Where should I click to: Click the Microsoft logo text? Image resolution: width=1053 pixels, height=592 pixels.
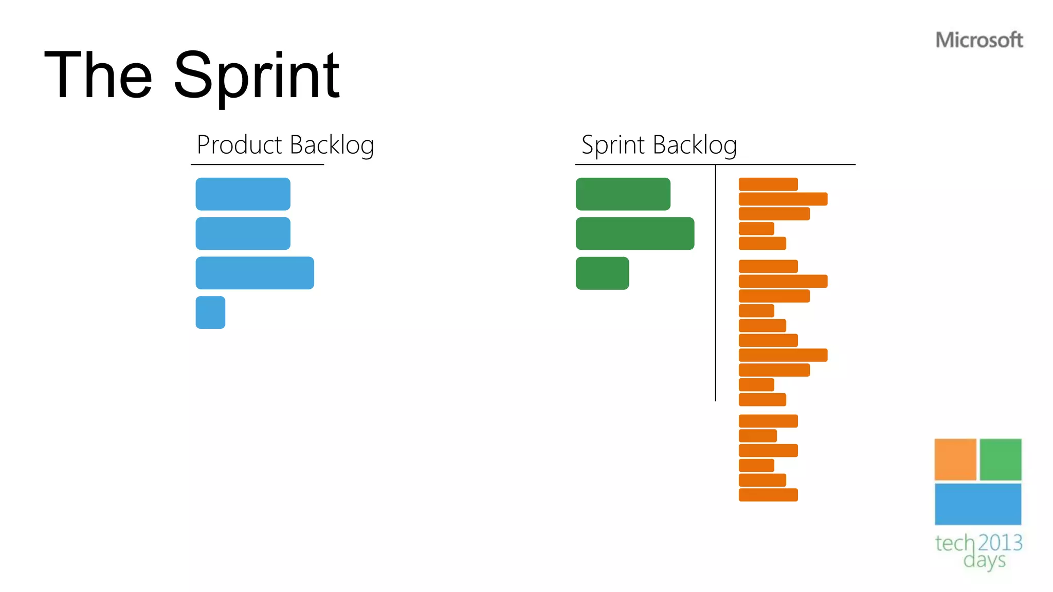click(x=978, y=40)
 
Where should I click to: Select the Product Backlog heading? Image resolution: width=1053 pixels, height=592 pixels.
click(x=285, y=145)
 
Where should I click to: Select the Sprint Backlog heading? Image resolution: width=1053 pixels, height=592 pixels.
click(x=659, y=145)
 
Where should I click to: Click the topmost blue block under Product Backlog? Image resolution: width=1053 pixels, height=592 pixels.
click(x=243, y=194)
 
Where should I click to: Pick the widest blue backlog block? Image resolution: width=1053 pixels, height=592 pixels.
click(x=255, y=273)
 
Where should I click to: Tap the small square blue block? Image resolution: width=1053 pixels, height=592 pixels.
click(x=210, y=312)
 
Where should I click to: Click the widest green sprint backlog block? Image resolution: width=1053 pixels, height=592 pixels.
click(x=634, y=233)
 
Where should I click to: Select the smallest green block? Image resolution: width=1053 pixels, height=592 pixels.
click(x=602, y=273)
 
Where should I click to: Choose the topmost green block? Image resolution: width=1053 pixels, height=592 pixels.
click(x=623, y=194)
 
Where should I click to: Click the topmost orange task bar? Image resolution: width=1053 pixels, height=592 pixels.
click(x=768, y=184)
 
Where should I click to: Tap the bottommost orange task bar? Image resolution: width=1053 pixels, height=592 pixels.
click(x=768, y=495)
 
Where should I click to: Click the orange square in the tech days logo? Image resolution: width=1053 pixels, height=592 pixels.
click(x=955, y=459)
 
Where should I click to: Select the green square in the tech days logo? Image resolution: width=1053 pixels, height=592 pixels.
click(x=1000, y=459)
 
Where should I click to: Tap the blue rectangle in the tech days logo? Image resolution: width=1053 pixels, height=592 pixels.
click(x=977, y=504)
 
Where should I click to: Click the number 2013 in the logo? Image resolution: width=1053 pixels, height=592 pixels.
click(x=1000, y=543)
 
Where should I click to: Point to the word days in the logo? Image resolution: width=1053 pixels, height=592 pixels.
click(x=984, y=560)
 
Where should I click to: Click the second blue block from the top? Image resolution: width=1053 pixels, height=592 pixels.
click(x=243, y=233)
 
